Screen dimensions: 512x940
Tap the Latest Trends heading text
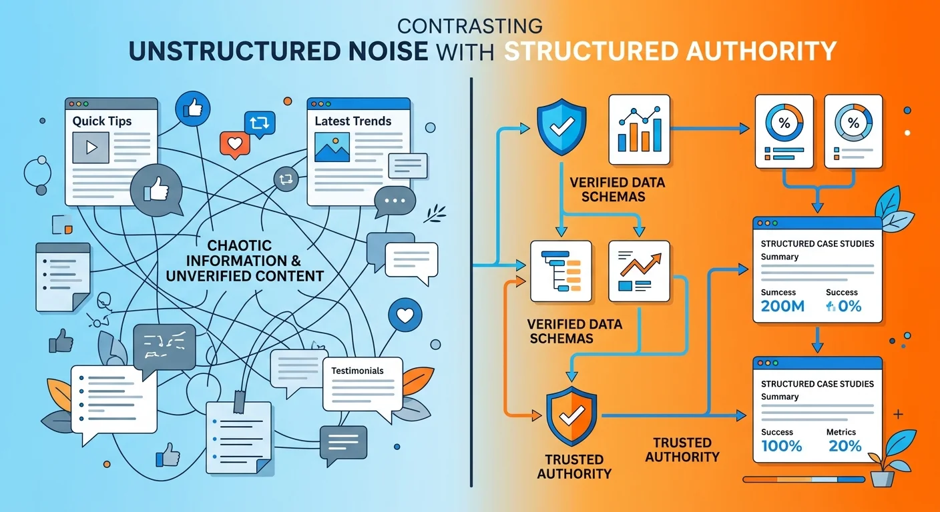click(352, 121)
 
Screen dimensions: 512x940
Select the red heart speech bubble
click(234, 143)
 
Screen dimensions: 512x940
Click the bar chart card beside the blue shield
click(639, 129)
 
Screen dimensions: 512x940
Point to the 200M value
click(782, 307)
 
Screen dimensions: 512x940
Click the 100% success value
click(781, 447)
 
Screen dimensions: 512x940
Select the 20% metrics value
click(845, 447)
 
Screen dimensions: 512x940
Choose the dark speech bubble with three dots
click(395, 200)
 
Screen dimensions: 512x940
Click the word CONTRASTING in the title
click(469, 27)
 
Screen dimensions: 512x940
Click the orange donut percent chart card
click(783, 131)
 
